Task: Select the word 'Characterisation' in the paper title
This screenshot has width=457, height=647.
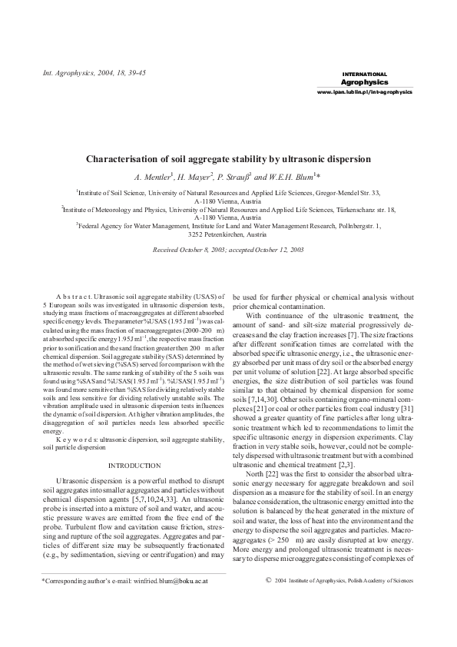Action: (127, 159)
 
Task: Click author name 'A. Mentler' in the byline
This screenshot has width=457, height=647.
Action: (153, 176)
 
